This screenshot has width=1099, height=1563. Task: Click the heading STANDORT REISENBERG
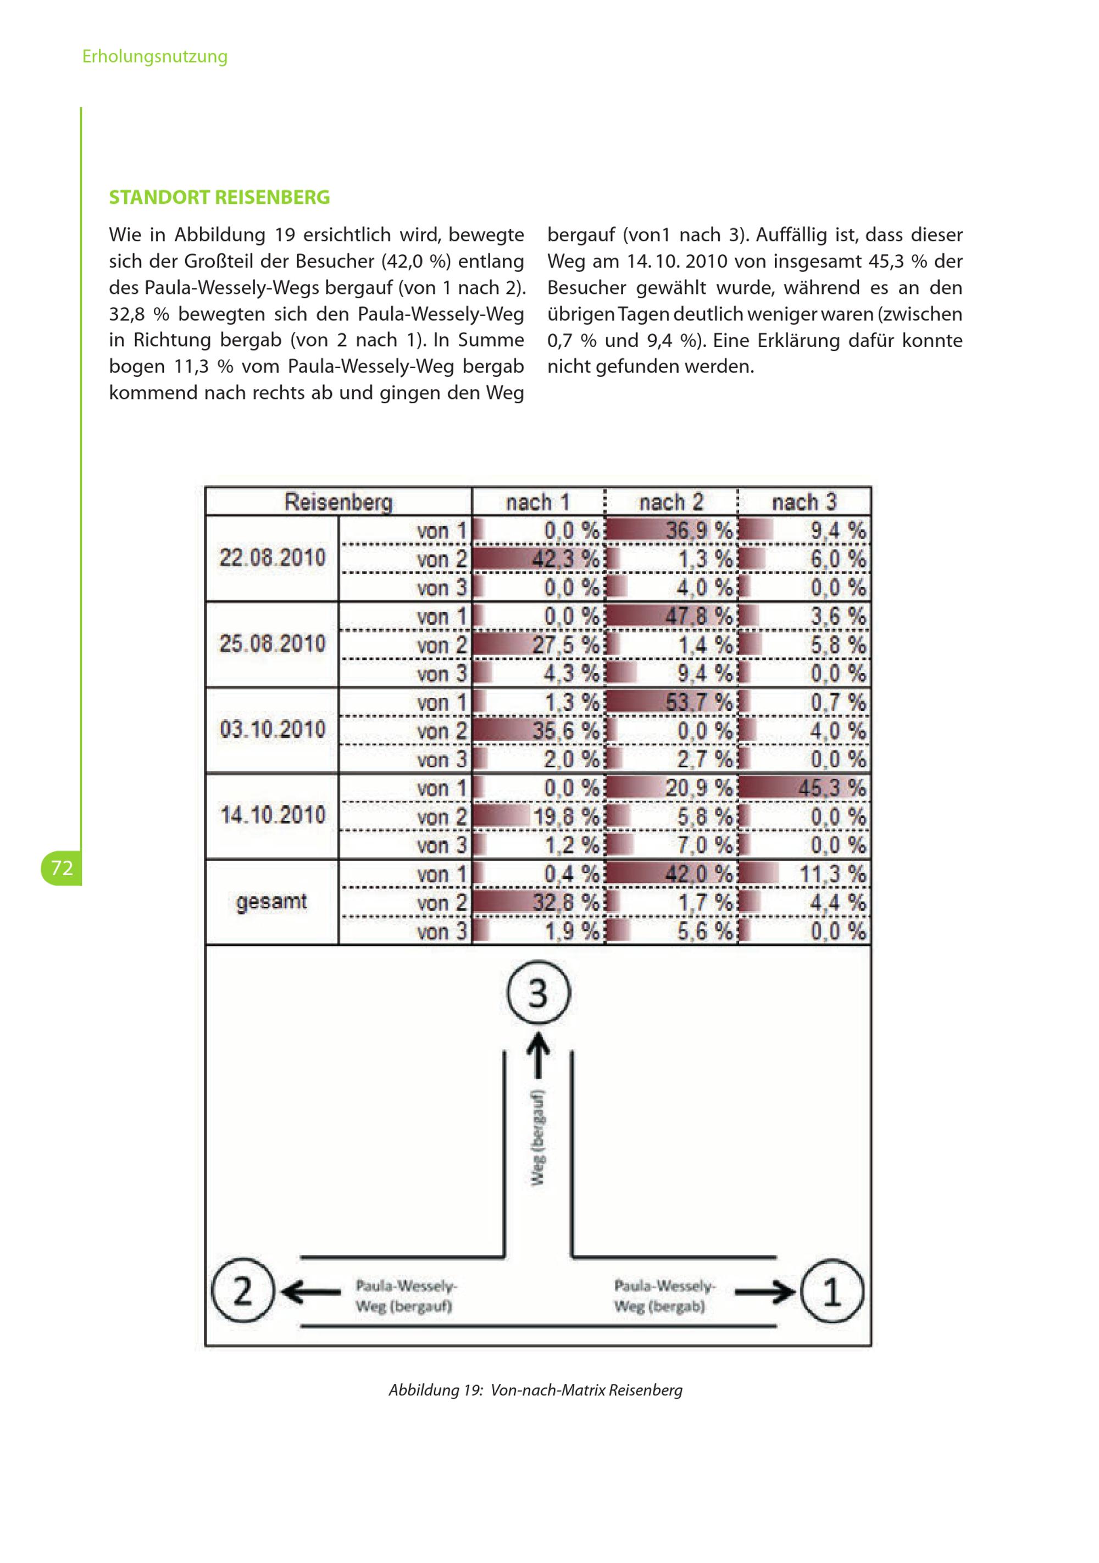[x=219, y=197]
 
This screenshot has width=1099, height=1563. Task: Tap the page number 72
[x=62, y=867]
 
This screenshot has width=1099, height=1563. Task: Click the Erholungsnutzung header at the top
[x=154, y=56]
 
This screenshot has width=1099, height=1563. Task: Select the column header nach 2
[x=671, y=502]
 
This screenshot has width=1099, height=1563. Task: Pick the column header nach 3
[x=803, y=502]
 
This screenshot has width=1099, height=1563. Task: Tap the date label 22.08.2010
[x=273, y=558]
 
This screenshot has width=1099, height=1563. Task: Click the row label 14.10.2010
[x=273, y=815]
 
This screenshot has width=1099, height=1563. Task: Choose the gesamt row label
[x=271, y=902]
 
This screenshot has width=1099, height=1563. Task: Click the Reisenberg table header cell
[x=338, y=502]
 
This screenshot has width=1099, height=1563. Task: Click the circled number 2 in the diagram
[x=242, y=1292]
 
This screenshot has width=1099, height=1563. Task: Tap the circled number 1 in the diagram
[x=831, y=1292]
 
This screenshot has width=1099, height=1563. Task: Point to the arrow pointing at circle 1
[x=765, y=1292]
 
